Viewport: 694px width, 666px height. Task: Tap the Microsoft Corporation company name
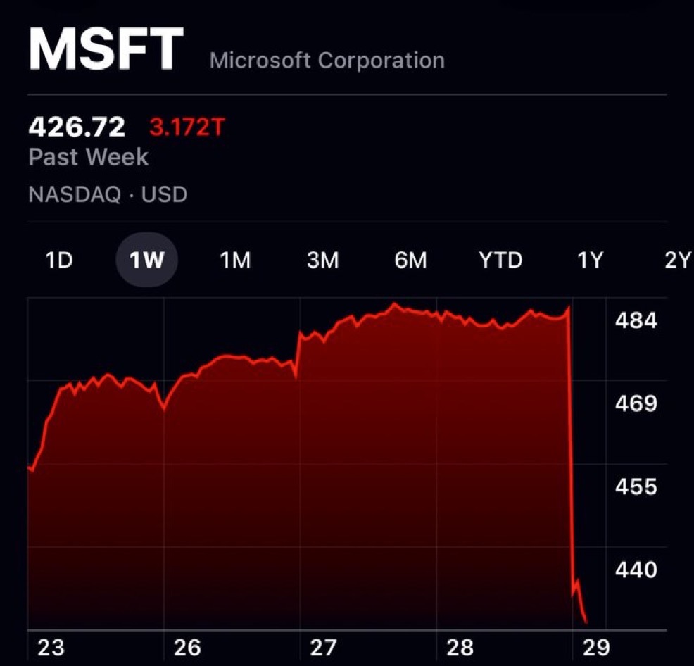pyautogui.click(x=327, y=61)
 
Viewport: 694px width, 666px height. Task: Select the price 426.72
pyautogui.click(x=77, y=127)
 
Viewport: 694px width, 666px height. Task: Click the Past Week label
pyautogui.click(x=89, y=156)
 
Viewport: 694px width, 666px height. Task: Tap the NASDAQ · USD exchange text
pyautogui.click(x=108, y=194)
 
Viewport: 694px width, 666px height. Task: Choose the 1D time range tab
pyautogui.click(x=59, y=260)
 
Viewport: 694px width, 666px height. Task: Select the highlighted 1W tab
pyautogui.click(x=146, y=260)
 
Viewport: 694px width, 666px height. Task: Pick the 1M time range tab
pyautogui.click(x=235, y=260)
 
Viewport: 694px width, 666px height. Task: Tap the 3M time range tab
pyautogui.click(x=323, y=260)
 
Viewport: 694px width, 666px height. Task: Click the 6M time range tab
pyautogui.click(x=410, y=260)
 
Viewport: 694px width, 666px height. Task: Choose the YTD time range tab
pyautogui.click(x=500, y=260)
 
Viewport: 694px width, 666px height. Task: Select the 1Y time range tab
pyautogui.click(x=590, y=260)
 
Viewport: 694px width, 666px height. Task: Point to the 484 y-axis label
pyautogui.click(x=636, y=321)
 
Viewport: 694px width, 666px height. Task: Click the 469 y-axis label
pyautogui.click(x=636, y=404)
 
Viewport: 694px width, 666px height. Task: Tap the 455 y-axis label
pyautogui.click(x=636, y=487)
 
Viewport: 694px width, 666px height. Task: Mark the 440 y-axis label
pyautogui.click(x=636, y=570)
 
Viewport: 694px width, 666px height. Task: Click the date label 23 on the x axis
pyautogui.click(x=51, y=647)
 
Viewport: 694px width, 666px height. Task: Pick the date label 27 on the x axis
pyautogui.click(x=324, y=647)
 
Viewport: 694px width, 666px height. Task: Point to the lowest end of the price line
pyautogui.click(x=586, y=622)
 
